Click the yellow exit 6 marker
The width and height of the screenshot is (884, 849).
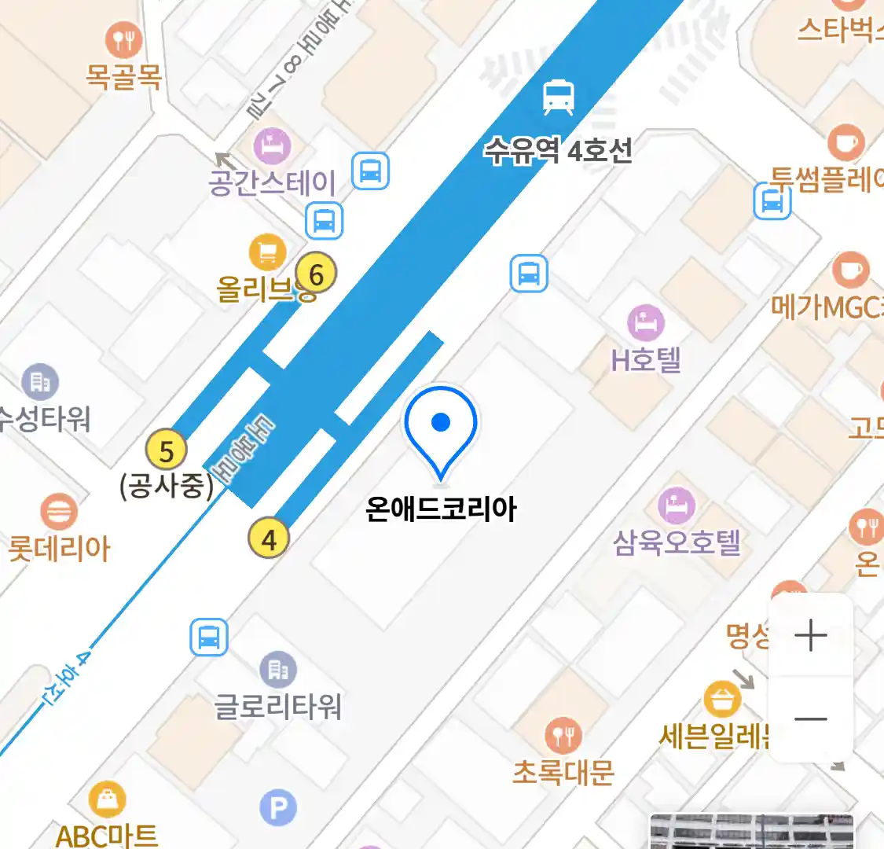coord(316,274)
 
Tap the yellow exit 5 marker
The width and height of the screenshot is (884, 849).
coord(167,451)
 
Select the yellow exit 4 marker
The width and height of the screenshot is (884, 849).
coord(269,539)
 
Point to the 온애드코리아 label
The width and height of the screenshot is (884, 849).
coord(441,509)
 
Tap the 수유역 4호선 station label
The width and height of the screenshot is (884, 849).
coord(558,149)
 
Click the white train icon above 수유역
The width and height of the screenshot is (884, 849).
coord(559,97)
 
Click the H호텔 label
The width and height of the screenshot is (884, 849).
coord(646,360)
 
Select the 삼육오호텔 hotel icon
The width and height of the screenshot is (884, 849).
coord(676,505)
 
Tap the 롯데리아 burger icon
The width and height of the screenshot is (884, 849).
coord(58,512)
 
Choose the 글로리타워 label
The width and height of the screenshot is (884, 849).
coord(278,706)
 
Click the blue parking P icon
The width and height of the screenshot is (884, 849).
coord(278,808)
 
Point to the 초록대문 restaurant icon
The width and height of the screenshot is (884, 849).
coord(563,737)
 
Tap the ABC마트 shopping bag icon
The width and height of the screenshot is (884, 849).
coord(107,800)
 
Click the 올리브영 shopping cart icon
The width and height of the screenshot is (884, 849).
coord(267,252)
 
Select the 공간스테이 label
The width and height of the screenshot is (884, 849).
coord(272,182)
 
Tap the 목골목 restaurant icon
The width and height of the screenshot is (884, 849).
coord(123,40)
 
